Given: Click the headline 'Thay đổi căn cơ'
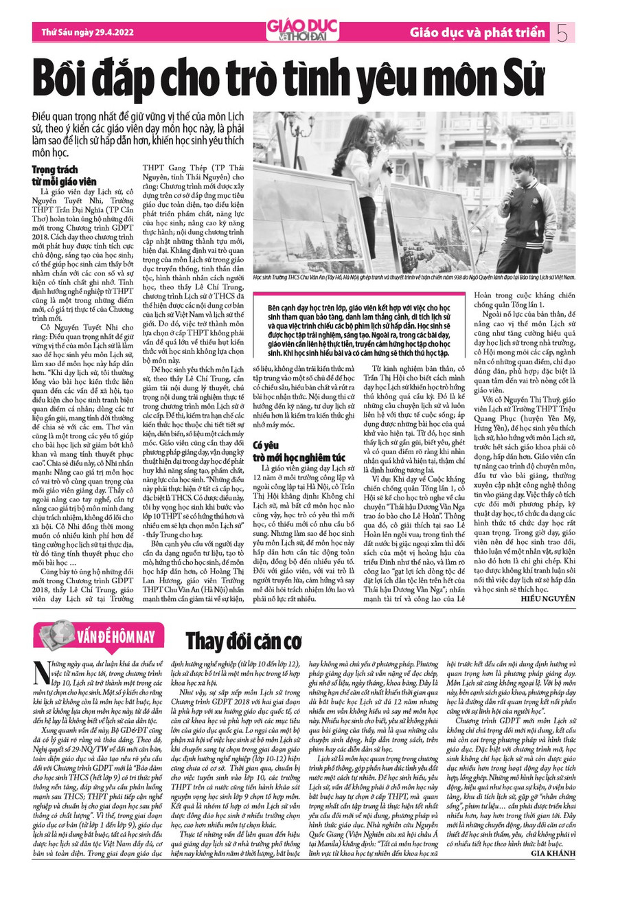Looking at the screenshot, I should pyautogui.click(x=244, y=640).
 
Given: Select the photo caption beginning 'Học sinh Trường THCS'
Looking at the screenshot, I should pyautogui.click(x=414, y=278).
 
